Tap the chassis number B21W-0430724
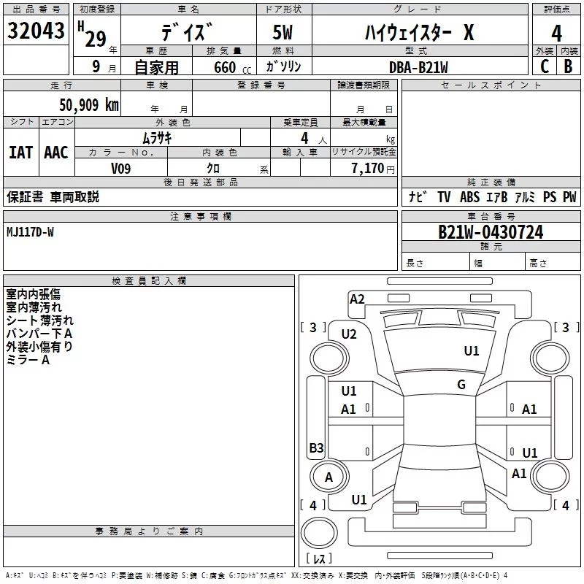[x=491, y=232]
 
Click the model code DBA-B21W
[x=418, y=67]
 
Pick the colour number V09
[x=121, y=168]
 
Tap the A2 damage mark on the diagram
[x=357, y=299]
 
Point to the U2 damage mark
[x=349, y=334]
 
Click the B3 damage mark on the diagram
[x=316, y=448]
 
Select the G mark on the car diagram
[x=461, y=385]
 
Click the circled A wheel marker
[x=328, y=477]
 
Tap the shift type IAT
[x=20, y=152]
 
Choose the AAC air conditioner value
[x=56, y=152]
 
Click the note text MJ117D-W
[x=30, y=232]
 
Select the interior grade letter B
[x=569, y=66]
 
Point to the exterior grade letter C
[x=545, y=66]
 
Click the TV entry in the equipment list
[x=444, y=197]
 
